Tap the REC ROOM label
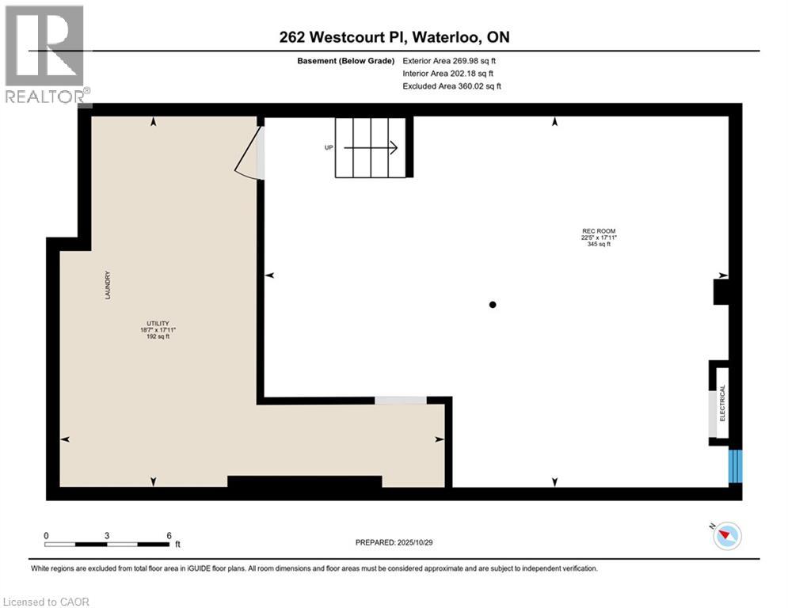(598, 232)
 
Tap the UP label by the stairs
(328, 147)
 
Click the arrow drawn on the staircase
(372, 147)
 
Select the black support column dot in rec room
(493, 304)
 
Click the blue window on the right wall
(737, 465)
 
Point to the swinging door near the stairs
(250, 154)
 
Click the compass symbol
(725, 537)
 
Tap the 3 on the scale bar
(106, 535)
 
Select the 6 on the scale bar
(169, 535)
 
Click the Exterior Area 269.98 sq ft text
(449, 60)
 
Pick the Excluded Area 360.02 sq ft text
(451, 85)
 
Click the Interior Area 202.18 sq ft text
(448, 73)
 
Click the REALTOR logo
(45, 55)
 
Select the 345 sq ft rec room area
(598, 244)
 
